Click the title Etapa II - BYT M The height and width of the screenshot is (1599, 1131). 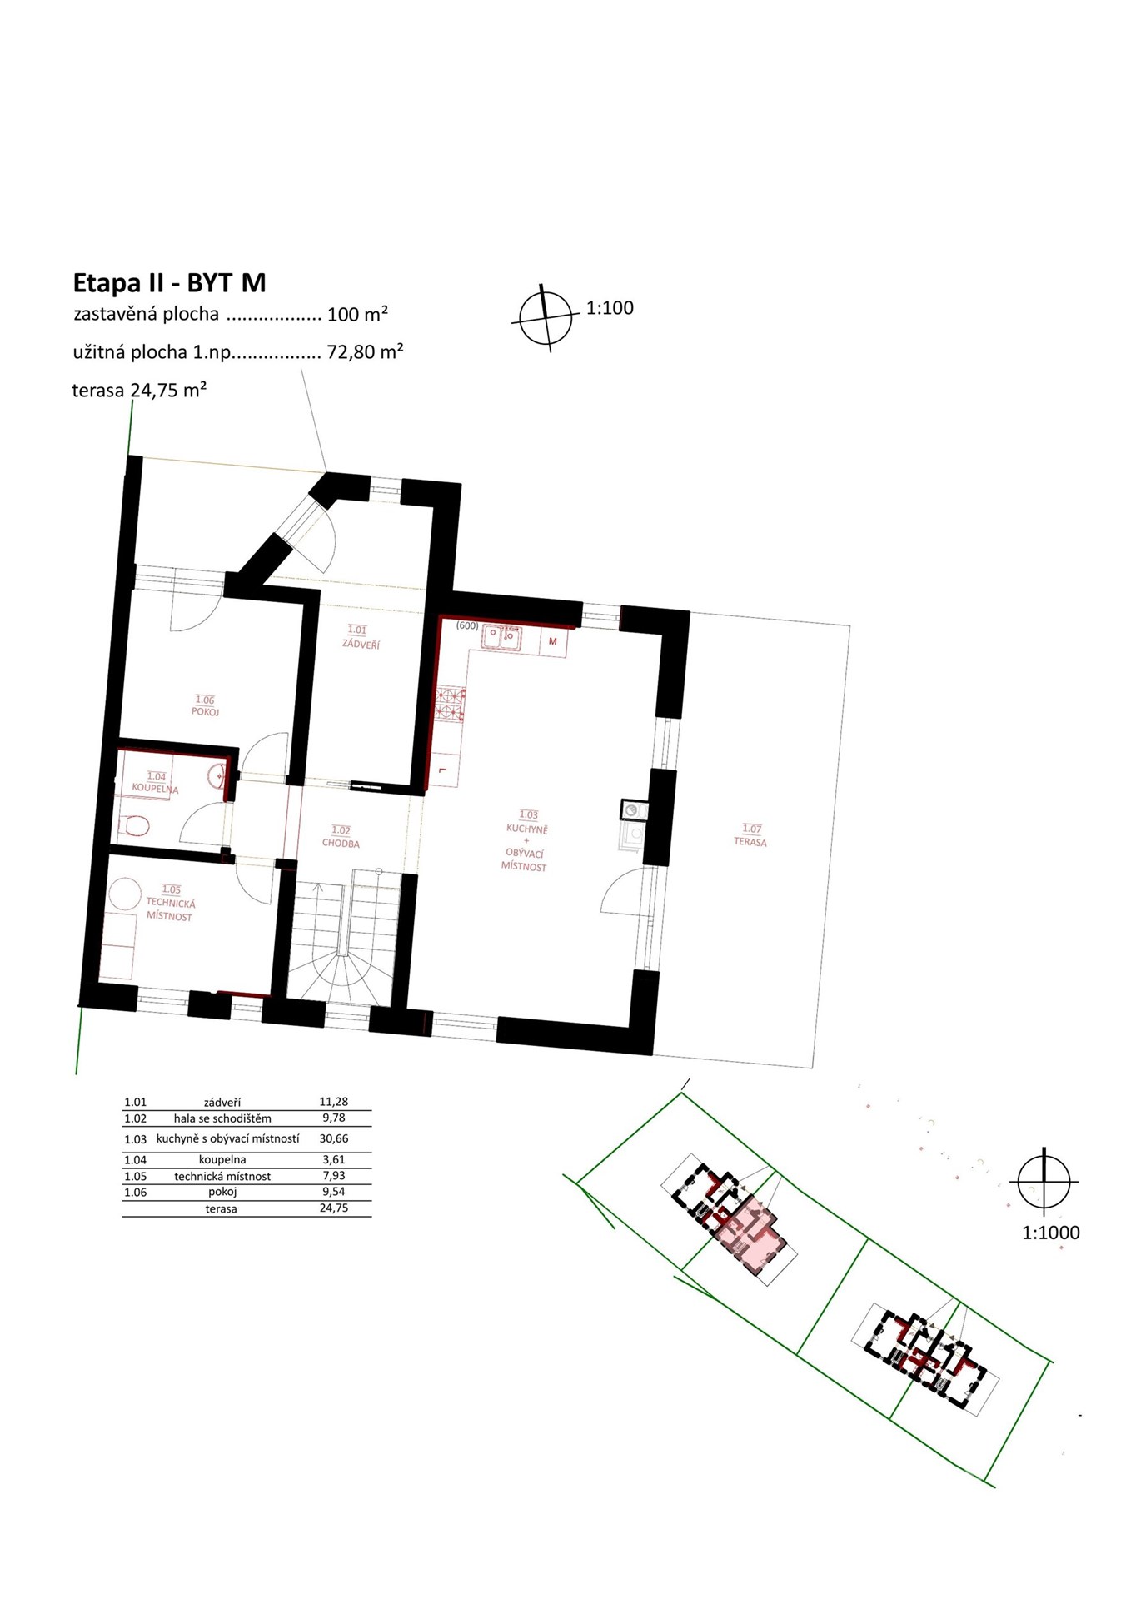coord(169,283)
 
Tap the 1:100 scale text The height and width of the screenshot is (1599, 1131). coord(610,308)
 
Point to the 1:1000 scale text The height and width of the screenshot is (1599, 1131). coord(1050,1233)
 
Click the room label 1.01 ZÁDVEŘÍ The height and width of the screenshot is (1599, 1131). coord(359,637)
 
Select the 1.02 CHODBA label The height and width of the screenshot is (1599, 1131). coord(341,837)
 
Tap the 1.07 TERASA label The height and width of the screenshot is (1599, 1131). coord(751,835)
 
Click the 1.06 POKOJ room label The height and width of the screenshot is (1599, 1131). coord(205,705)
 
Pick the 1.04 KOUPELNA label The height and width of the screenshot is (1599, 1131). coord(155,782)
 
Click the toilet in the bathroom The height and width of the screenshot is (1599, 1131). coord(133,826)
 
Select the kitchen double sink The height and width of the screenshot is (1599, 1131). coord(501,638)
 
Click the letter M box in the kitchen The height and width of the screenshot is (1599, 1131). coord(553,641)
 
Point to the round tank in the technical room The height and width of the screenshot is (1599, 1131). coord(125,893)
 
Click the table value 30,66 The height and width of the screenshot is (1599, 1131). coord(334,1138)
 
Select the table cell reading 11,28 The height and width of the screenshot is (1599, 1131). coord(334,1101)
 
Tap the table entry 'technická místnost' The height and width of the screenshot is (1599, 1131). coord(222,1176)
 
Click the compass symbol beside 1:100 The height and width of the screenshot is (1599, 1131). coord(546,318)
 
